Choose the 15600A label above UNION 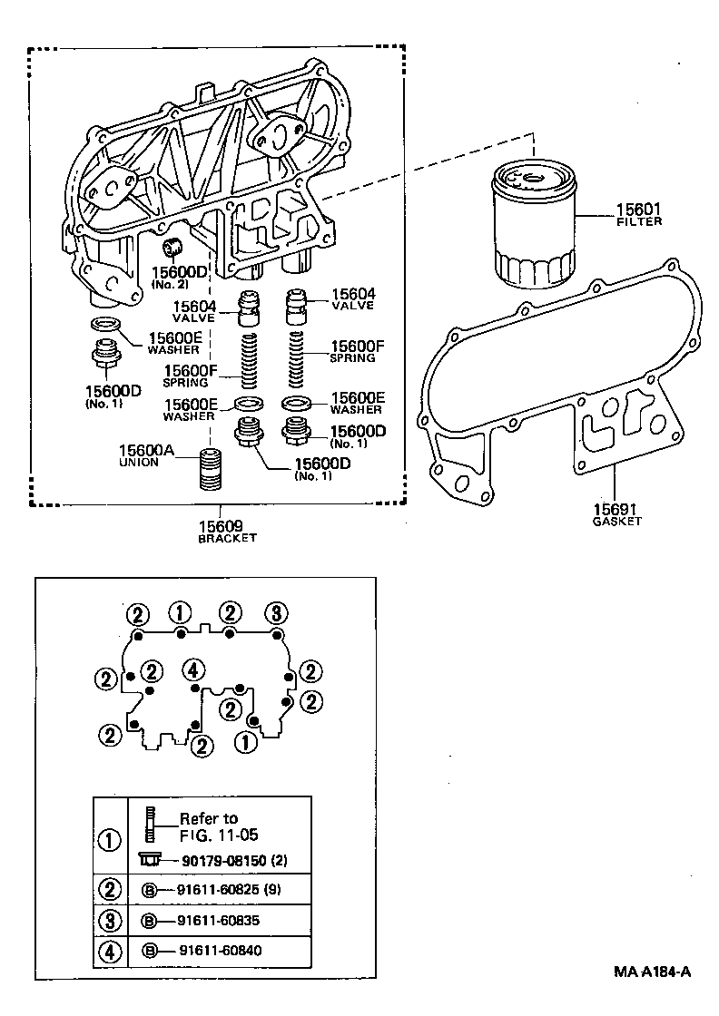pyautogui.click(x=148, y=450)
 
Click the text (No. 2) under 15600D pyautogui.click(x=169, y=285)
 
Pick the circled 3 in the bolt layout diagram pyautogui.click(x=276, y=611)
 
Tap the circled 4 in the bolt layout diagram pyautogui.click(x=192, y=669)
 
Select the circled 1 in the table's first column pyautogui.click(x=109, y=839)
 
